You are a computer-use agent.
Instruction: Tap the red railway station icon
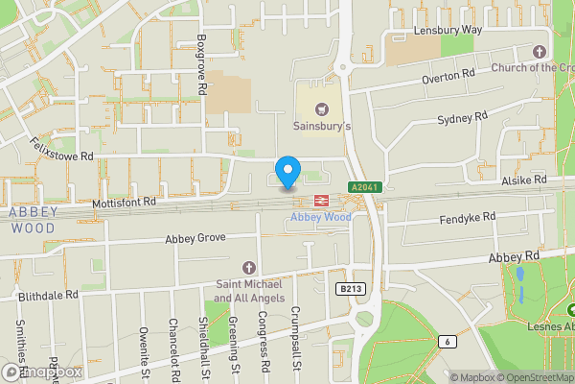point(320,201)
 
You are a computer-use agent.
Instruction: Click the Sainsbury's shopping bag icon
point(322,109)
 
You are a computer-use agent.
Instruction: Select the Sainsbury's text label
point(322,126)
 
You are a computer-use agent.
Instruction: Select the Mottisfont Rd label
point(124,203)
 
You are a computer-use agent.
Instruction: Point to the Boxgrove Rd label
point(202,64)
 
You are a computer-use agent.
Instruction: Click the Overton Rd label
point(448,74)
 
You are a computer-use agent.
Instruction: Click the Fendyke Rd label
point(467,218)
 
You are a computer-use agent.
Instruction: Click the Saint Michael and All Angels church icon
point(249,266)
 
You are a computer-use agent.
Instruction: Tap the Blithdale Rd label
point(47,296)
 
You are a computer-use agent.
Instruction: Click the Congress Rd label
point(263,345)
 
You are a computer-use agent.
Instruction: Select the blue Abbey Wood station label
point(320,217)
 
